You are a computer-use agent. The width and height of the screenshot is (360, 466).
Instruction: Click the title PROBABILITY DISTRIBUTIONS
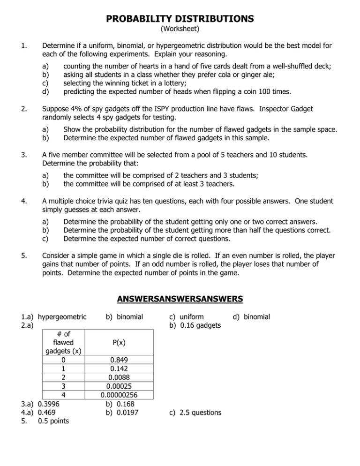[180, 19]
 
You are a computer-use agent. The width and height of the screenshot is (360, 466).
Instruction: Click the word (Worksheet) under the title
[180, 29]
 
